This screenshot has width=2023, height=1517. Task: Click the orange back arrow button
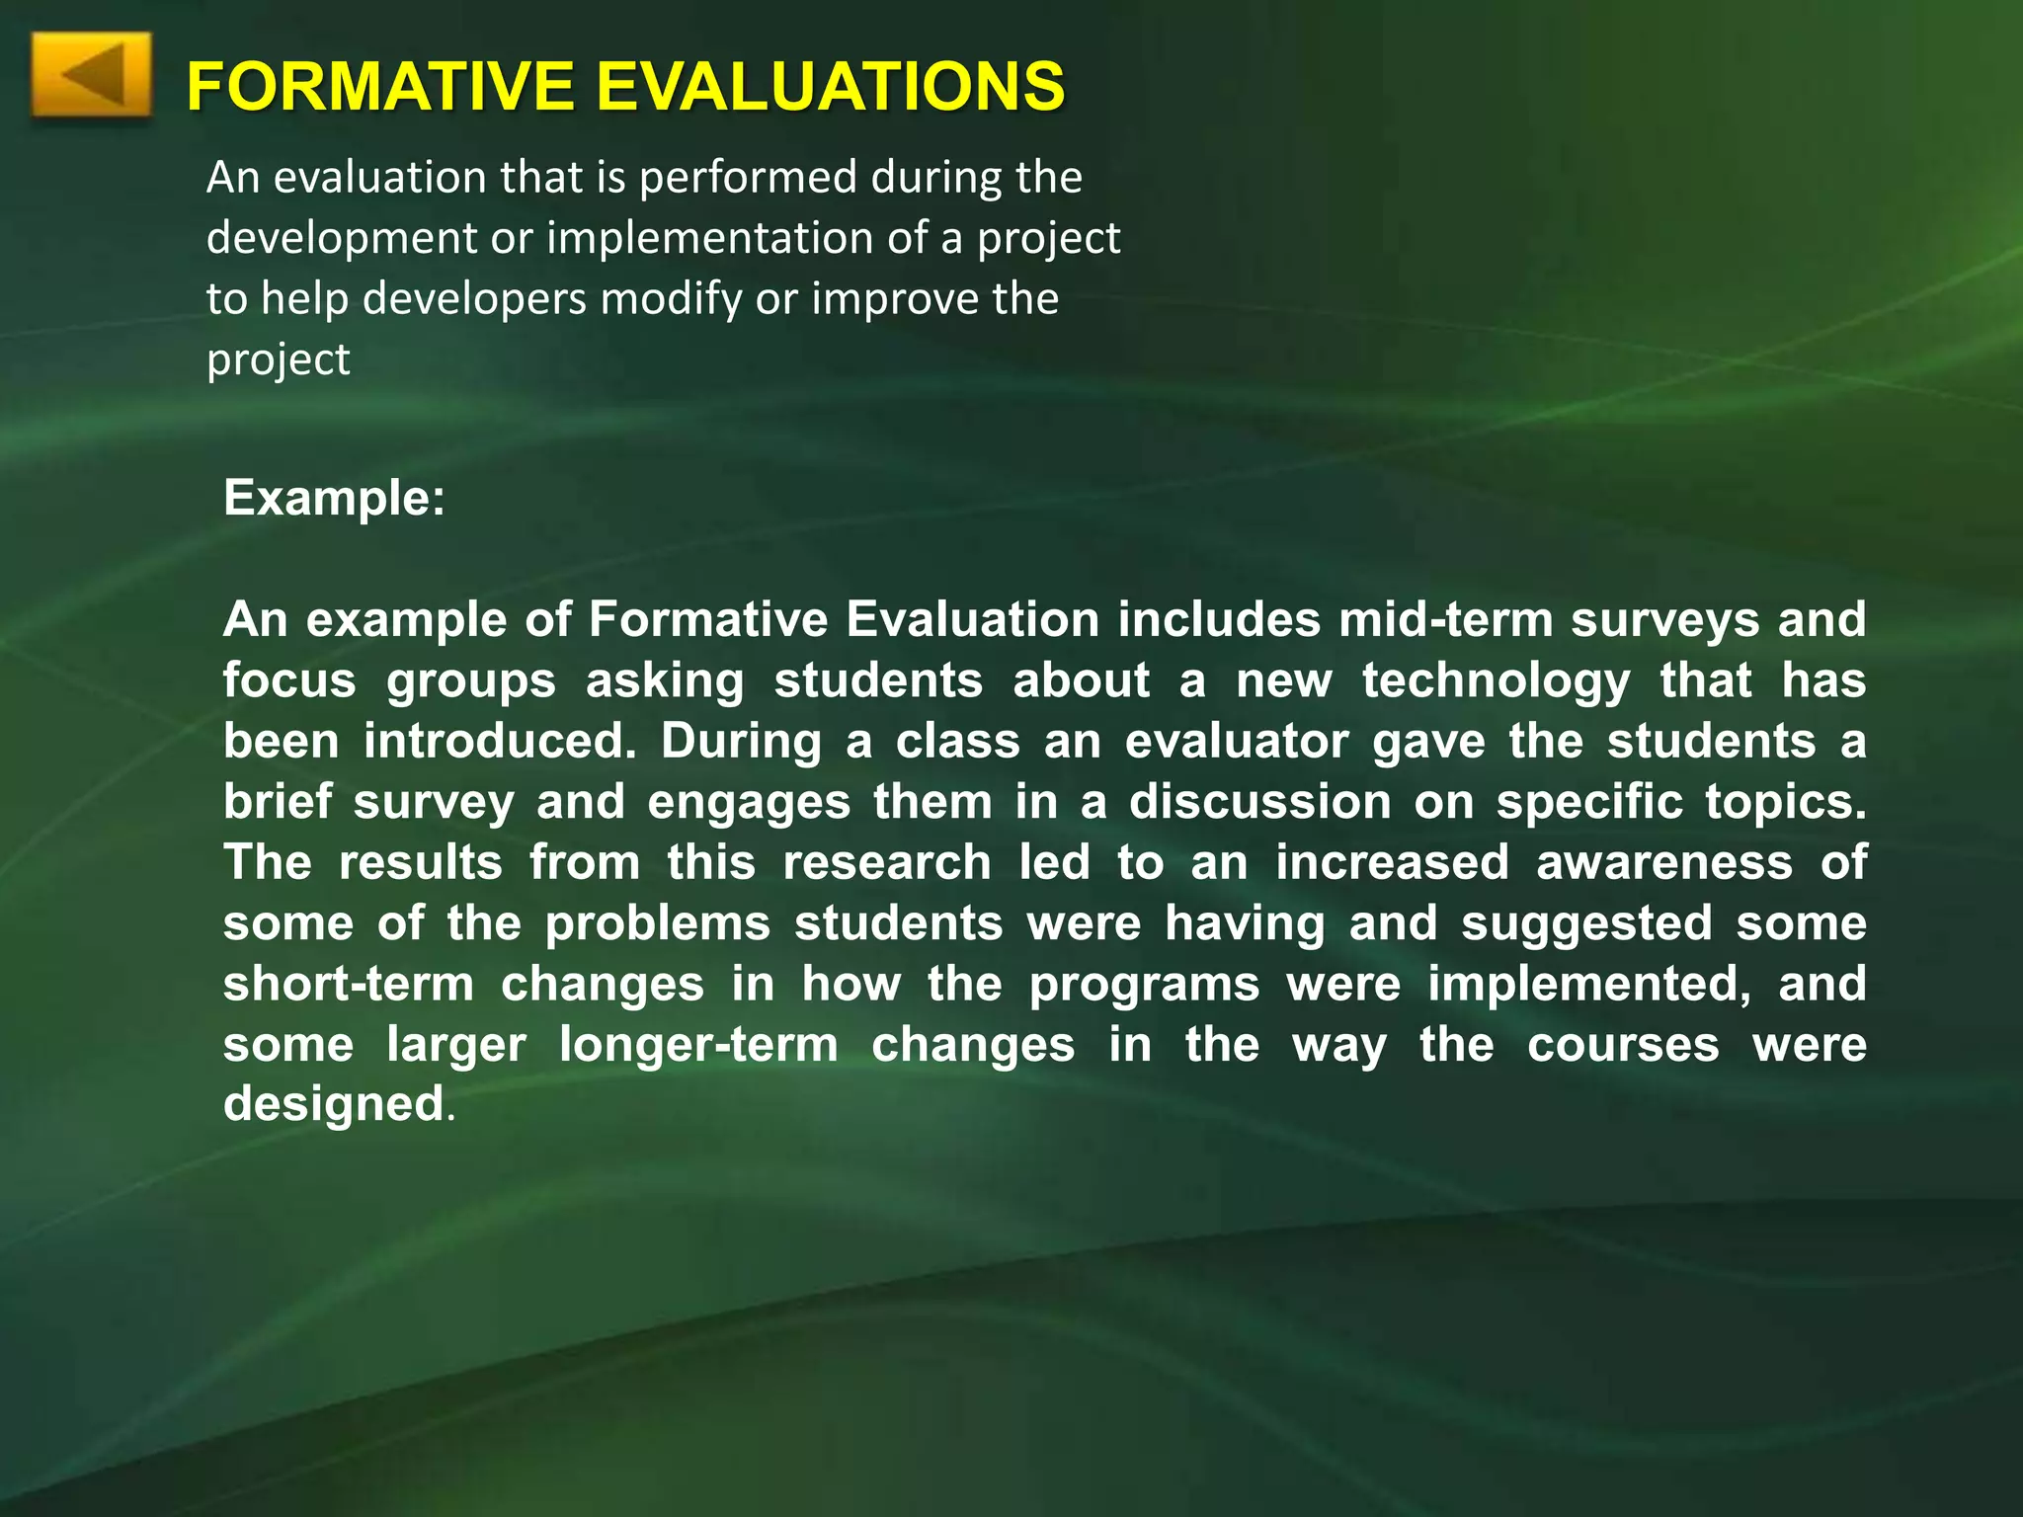coord(92,76)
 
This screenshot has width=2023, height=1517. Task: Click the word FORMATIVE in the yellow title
coord(380,86)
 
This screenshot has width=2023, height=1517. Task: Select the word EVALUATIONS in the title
coord(831,86)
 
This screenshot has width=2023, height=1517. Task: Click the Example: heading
coord(334,498)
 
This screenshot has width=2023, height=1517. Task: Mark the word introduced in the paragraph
coord(500,742)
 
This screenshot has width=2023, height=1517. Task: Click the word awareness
coord(1663,863)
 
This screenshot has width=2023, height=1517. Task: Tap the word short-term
coord(349,985)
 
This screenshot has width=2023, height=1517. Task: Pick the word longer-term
coord(698,1045)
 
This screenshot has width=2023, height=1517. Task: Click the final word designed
coord(333,1104)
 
